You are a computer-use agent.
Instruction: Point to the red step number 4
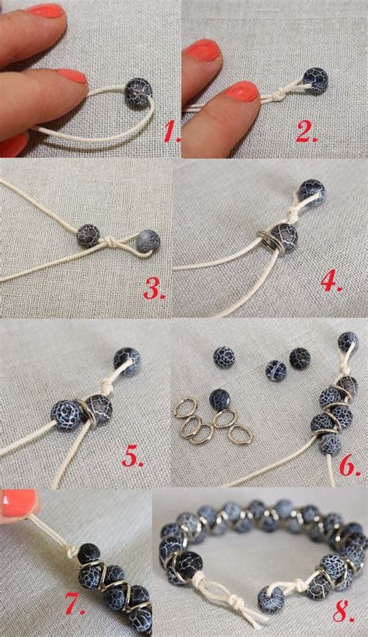click(331, 281)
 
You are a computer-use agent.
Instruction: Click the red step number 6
click(349, 465)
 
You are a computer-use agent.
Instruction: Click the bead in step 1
click(138, 92)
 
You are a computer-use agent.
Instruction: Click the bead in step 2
click(315, 79)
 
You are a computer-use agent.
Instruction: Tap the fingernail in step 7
click(18, 503)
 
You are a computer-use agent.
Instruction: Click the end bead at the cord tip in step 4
click(312, 190)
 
